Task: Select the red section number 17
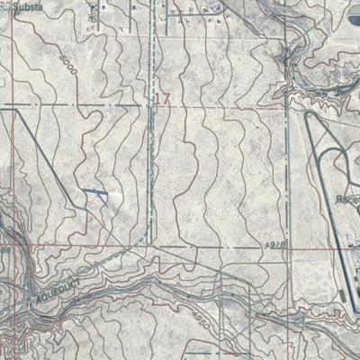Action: point(162,100)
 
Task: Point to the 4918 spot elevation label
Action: point(276,244)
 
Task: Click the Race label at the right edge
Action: point(347,200)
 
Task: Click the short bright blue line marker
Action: point(93,193)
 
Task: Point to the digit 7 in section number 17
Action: point(166,100)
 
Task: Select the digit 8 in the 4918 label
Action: point(283,244)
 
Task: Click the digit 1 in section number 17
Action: point(157,100)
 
